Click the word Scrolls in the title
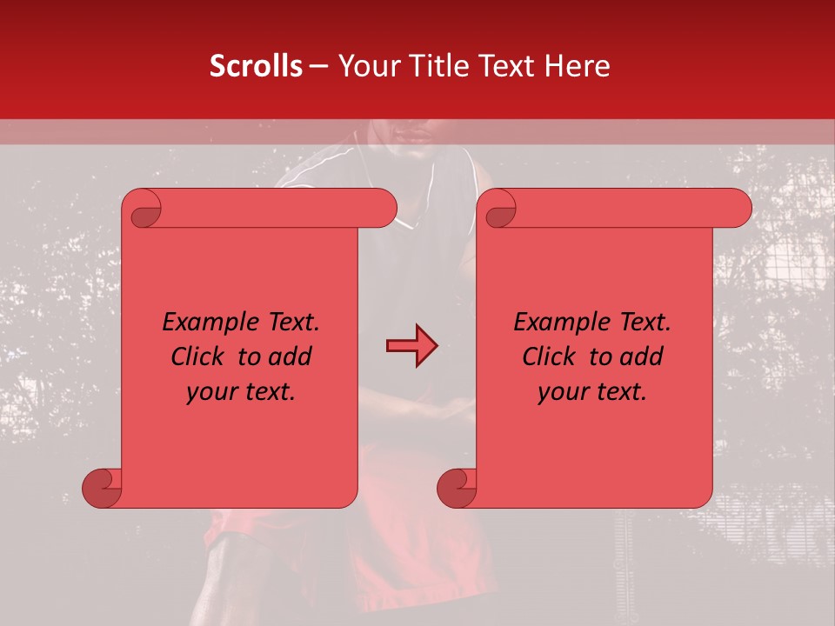(x=256, y=66)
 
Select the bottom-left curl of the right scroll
(x=457, y=488)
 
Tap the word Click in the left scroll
(x=199, y=357)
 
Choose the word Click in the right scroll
(x=551, y=357)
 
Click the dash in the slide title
(x=318, y=66)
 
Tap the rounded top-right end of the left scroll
(x=384, y=209)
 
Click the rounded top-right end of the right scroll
(x=739, y=209)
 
